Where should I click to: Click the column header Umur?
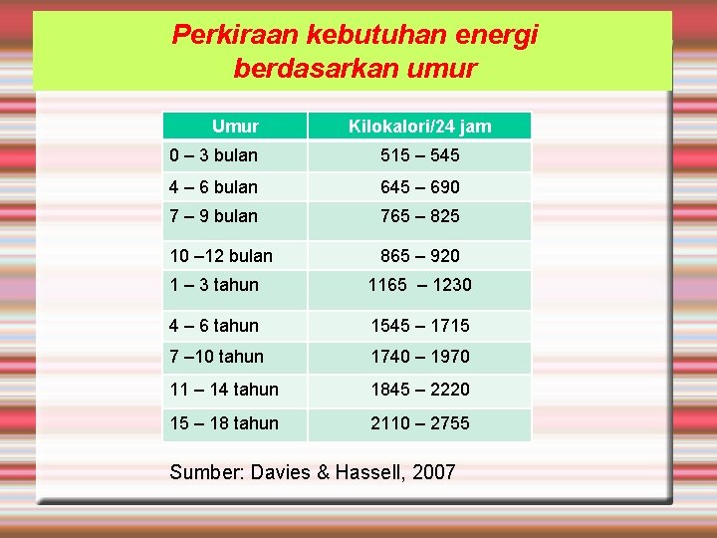point(235,127)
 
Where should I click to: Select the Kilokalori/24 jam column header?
point(419,127)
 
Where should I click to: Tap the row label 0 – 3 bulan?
point(214,155)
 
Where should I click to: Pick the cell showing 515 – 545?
point(419,155)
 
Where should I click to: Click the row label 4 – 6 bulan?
point(214,186)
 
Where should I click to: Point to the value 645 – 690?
point(419,186)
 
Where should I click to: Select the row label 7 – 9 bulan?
point(214,216)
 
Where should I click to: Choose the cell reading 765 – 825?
point(419,216)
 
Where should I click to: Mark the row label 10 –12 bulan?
point(221,256)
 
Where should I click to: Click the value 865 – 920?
point(419,256)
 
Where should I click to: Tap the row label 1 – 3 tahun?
point(214,285)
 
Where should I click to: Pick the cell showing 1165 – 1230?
point(419,285)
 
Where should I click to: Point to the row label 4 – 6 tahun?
point(214,326)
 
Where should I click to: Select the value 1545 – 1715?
point(419,326)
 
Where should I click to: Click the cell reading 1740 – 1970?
point(419,357)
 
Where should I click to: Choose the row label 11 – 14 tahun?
point(224,390)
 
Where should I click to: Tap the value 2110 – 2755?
point(419,423)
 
